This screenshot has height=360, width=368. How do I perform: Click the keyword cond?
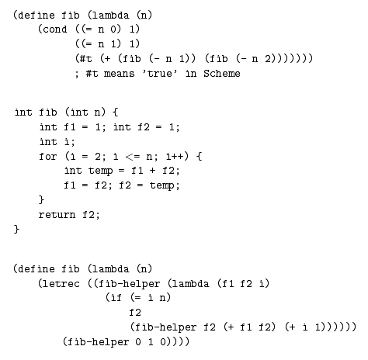coord(55,29)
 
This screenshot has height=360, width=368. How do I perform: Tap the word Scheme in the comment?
coord(222,74)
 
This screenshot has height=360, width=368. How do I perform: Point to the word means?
coord(120,74)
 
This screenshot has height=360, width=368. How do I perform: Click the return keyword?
coord(57,215)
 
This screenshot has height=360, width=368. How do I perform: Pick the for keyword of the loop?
coord(47,156)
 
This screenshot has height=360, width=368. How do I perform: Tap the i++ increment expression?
coord(175,156)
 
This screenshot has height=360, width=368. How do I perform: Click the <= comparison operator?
coord(133,157)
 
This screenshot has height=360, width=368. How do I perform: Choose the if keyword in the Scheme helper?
coord(116,298)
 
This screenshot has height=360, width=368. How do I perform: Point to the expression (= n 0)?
coord(101,29)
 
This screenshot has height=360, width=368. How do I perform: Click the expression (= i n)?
coord(151,298)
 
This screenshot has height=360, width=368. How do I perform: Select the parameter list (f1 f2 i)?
coord(243,284)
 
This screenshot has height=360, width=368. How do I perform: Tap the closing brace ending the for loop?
coord(41,200)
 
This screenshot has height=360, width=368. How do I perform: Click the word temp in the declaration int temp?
coord(100,171)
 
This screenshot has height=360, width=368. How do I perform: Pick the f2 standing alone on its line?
coord(135,313)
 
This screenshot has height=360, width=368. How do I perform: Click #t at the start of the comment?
coord(92,74)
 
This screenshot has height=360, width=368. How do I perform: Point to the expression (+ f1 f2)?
coord(249,327)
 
